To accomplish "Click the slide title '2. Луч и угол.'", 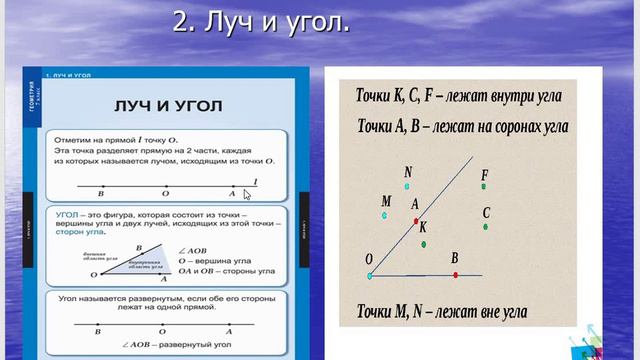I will (261, 23).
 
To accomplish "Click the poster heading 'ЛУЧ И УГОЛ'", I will (167, 106).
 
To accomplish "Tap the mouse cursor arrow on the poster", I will (247, 194).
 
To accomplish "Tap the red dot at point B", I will (455, 274).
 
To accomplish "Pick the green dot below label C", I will (486, 227).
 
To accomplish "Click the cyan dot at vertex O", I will (369, 273).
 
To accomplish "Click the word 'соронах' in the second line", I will (510, 127).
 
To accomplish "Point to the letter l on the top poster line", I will (255, 180).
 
